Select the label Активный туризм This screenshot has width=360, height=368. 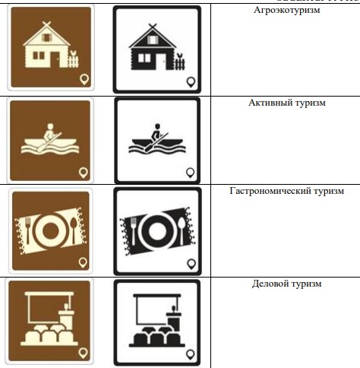point(286,103)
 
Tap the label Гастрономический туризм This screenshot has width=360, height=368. point(286,191)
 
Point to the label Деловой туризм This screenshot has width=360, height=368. point(286,284)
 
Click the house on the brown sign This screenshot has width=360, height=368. point(44,48)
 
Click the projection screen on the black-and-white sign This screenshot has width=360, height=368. point(153,310)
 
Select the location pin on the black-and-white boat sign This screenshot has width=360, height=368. point(191,171)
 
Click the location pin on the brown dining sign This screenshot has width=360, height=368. point(83,264)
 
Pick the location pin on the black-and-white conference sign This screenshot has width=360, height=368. point(190,352)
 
